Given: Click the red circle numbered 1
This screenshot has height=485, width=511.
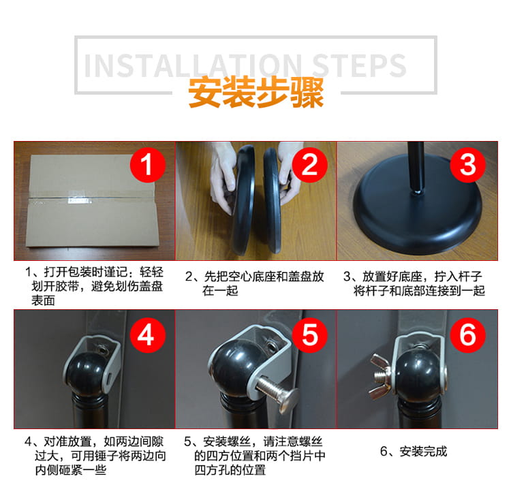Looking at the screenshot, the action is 148,165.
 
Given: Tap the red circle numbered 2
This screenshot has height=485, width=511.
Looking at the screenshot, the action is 309,165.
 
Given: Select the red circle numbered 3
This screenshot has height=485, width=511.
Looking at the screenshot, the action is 467,165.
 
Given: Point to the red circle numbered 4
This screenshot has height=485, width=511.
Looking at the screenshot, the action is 148,335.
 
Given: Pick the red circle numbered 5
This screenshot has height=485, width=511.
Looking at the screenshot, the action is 309,335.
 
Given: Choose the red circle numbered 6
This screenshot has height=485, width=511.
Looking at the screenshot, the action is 467,335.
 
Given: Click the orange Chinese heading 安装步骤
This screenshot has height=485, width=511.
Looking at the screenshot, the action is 255,93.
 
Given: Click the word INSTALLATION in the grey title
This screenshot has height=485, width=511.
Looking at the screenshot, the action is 193,65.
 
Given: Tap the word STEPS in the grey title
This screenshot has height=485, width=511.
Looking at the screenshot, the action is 359,65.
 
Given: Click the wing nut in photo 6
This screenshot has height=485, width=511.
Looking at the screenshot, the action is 380,375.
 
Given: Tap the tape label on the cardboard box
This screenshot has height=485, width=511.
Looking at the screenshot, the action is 79,201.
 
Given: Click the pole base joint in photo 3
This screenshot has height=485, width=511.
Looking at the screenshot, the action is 416,192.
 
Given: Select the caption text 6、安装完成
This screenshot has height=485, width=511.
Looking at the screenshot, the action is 414,452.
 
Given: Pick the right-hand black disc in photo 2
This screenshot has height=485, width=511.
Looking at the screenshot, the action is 273,200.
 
